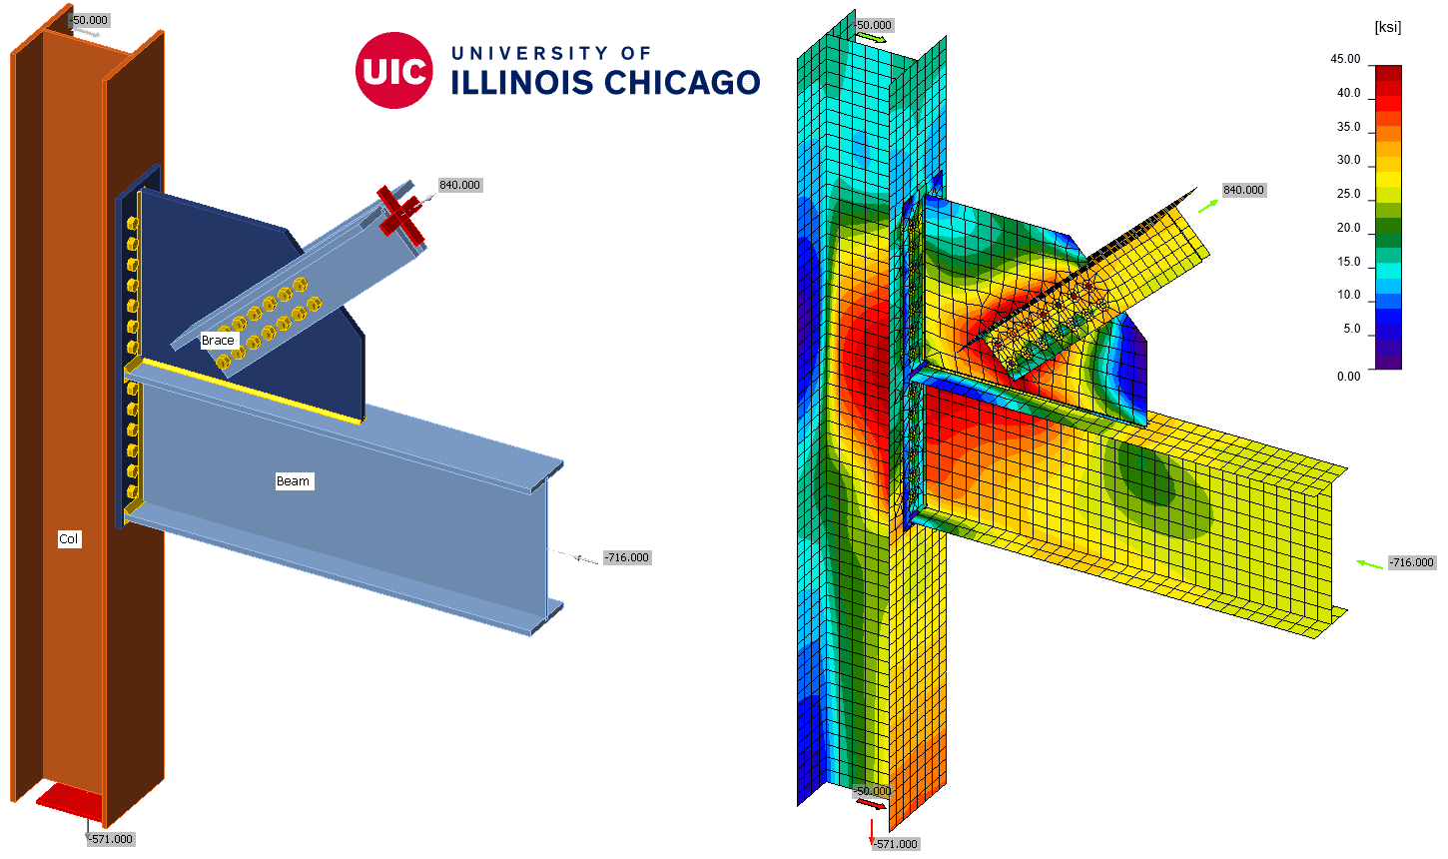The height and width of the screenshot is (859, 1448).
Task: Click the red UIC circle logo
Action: click(393, 70)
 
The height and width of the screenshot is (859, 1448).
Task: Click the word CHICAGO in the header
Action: click(682, 82)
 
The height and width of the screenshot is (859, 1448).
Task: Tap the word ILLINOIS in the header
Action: click(521, 83)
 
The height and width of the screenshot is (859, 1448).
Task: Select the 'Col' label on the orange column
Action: click(69, 539)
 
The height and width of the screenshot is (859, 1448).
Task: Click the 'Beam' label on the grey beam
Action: click(294, 480)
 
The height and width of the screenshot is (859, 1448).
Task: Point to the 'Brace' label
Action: click(218, 340)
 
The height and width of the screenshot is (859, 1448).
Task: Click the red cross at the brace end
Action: click(400, 212)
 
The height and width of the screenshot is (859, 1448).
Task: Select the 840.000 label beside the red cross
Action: click(459, 185)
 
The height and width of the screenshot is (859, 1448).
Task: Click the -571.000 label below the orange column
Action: click(111, 839)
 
